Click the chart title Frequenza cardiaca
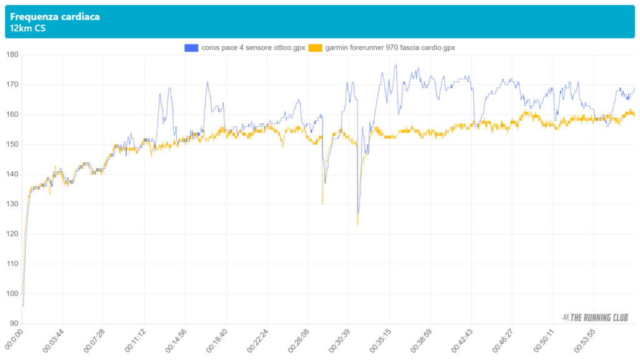tap(55, 17)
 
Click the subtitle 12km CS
tap(27, 28)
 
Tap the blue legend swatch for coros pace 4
tap(191, 47)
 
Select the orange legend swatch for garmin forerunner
tap(316, 47)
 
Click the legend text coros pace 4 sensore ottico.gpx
tap(253, 47)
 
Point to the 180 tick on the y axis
tap(12, 55)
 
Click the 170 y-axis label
tap(12, 84)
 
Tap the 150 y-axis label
tap(12, 144)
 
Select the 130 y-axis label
tap(12, 204)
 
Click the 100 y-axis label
tap(12, 294)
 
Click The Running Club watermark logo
tap(595, 317)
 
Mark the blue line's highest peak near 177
tap(396, 64)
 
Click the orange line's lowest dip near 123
tap(357, 224)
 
